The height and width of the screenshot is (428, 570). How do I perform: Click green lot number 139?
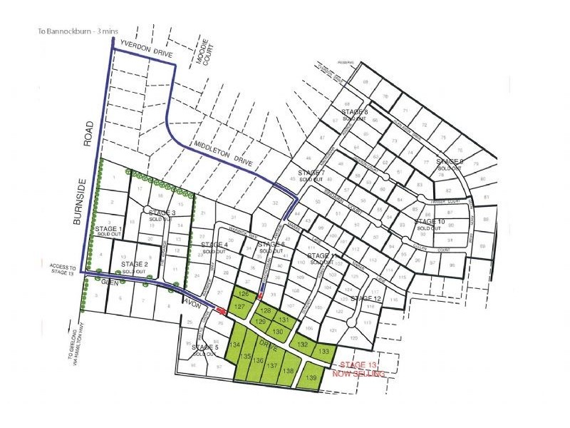coord(310,377)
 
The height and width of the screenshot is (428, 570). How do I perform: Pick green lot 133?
coord(324,351)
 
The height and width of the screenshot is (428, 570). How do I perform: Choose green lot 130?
coord(279,332)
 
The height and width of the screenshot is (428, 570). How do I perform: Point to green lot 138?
coord(289,371)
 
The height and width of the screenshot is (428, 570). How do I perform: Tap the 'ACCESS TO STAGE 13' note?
coord(62,270)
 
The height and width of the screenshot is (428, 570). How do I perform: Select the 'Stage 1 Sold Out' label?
coord(109,231)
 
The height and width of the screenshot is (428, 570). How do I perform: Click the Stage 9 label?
coord(450,164)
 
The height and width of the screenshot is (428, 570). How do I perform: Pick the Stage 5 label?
coord(205,350)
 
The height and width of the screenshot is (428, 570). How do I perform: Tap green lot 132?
coord(303,344)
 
